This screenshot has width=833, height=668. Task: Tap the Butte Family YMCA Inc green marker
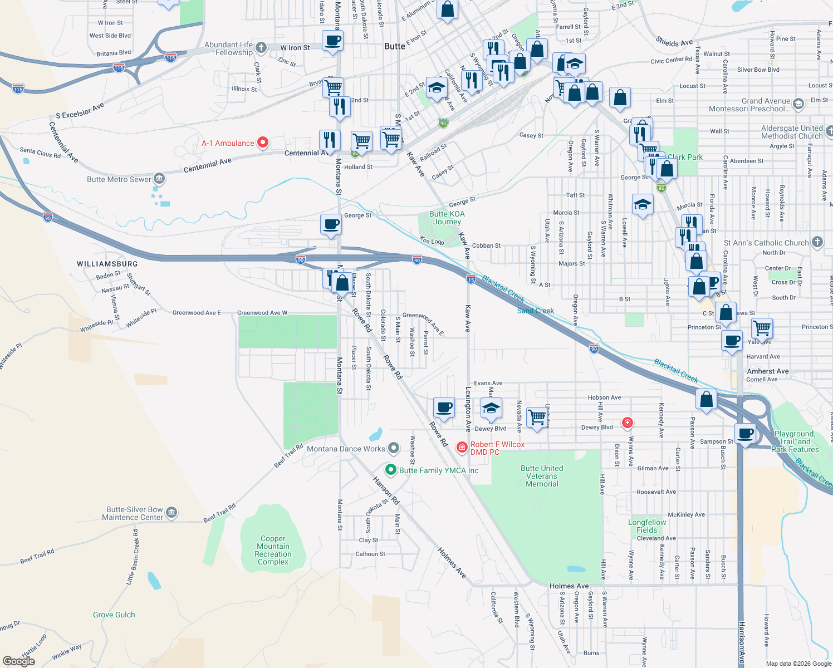[391, 470]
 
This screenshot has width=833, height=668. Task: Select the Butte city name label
[395, 46]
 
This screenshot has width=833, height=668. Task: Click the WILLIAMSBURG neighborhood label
[107, 264]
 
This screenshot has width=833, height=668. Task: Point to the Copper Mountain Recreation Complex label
[273, 550]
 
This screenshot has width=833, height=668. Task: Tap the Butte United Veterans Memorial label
[542, 476]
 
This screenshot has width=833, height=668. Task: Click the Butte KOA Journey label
[447, 218]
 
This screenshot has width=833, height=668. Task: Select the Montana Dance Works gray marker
[394, 448]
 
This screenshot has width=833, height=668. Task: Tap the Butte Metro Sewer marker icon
[159, 179]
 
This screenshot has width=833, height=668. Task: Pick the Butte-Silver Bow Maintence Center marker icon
[171, 513]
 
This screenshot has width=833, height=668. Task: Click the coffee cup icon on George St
[331, 224]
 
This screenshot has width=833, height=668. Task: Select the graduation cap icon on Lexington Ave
[491, 408]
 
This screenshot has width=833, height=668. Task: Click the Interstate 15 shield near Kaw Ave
[471, 279]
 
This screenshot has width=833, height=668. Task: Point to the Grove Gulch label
[114, 615]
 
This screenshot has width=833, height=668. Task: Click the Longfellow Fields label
[647, 526]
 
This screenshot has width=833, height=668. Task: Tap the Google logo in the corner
[19, 661]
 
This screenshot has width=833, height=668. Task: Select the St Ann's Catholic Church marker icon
[817, 242]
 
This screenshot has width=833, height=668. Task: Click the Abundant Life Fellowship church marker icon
[261, 48]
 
